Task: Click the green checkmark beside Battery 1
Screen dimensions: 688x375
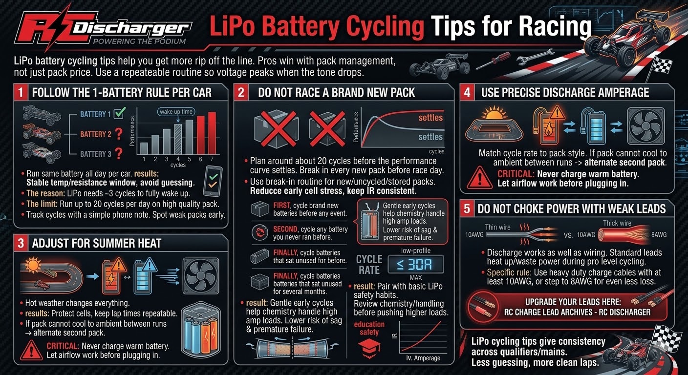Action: click(120, 113)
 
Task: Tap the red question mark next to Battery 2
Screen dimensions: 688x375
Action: click(119, 134)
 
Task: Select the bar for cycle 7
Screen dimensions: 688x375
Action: click(212, 133)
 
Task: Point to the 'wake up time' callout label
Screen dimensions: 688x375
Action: click(176, 112)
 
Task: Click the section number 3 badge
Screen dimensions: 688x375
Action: click(21, 243)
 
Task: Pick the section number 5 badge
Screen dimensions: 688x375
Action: click(467, 208)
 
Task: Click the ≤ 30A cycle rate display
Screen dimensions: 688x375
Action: click(415, 264)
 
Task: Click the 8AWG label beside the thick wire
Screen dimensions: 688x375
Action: click(659, 235)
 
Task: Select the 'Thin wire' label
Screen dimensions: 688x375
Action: click(497, 227)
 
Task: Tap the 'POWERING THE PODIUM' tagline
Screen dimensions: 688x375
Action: click(139, 42)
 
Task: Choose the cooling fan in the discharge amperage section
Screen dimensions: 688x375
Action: click(645, 126)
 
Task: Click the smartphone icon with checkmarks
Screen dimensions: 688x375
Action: click(213, 181)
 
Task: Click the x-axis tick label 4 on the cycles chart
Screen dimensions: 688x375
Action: click(178, 159)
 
